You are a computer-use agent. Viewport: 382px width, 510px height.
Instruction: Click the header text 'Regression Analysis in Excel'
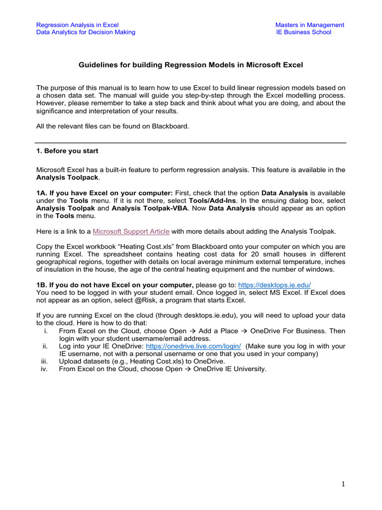(77, 25)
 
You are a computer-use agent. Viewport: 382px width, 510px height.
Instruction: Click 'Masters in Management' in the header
(309, 25)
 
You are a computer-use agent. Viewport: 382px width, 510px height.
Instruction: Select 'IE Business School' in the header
(303, 32)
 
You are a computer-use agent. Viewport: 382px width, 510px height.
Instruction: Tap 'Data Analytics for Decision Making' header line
(86, 32)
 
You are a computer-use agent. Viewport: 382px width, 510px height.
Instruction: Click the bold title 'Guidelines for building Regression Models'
(191, 65)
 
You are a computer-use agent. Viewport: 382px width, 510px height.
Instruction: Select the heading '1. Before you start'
(67, 151)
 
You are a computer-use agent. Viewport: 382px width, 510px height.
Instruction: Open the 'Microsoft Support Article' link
(131, 231)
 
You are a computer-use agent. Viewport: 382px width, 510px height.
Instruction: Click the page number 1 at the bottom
(343, 484)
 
